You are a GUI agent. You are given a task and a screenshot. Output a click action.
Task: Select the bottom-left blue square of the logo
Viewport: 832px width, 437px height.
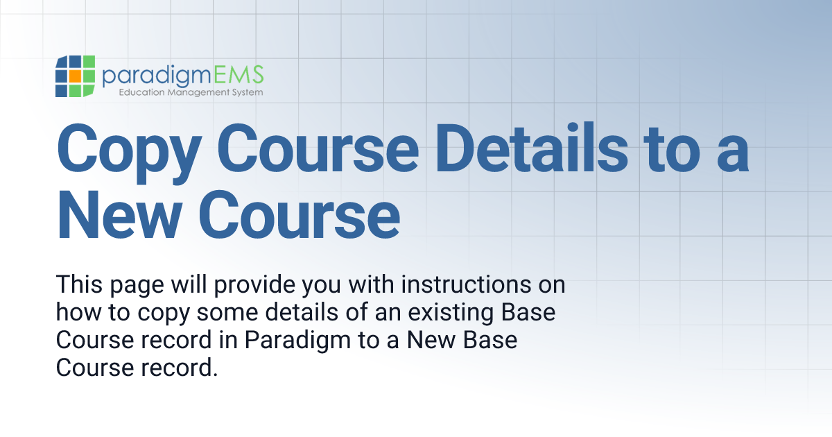[62, 90]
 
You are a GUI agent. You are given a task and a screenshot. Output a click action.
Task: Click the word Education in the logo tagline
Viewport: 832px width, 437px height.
[141, 93]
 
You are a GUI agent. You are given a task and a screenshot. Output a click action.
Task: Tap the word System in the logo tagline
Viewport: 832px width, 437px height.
[247, 93]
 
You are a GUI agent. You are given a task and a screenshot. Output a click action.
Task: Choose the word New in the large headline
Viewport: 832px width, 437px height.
[119, 215]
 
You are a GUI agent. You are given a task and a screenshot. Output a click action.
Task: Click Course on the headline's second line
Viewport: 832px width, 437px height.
[299, 215]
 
